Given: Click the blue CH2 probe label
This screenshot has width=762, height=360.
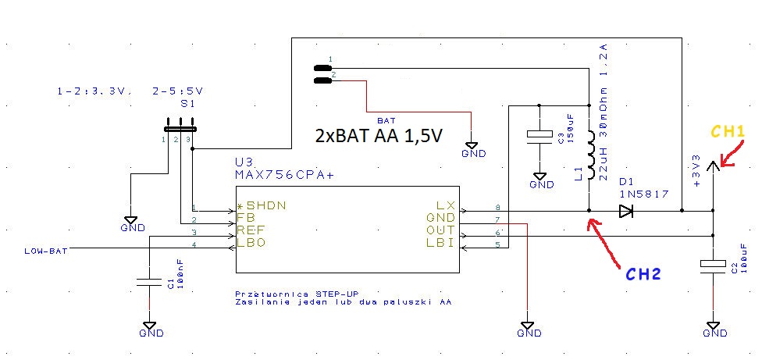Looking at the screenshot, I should (643, 274).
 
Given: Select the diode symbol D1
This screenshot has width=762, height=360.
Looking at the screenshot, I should (625, 211).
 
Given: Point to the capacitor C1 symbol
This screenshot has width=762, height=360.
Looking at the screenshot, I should (148, 279).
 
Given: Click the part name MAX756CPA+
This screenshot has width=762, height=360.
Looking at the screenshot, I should (284, 176).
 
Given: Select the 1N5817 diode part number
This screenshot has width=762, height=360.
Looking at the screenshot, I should (643, 194).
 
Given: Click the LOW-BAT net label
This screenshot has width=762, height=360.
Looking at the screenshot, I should (44, 250).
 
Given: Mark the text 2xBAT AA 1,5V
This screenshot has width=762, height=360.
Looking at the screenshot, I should (379, 135).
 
